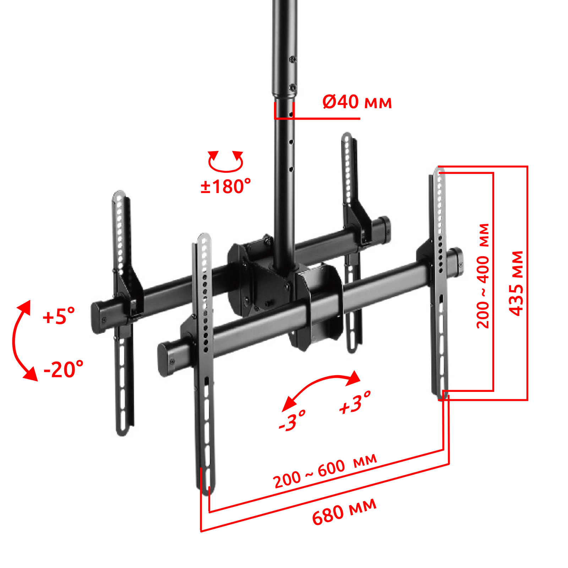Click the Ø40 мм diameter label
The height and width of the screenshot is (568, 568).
tap(357, 102)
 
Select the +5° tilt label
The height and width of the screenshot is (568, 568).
tap(59, 316)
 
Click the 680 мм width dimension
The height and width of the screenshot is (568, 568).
tap(344, 512)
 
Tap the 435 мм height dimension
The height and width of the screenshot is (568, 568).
tap(517, 283)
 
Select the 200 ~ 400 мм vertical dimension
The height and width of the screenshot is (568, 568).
tap(483, 276)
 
